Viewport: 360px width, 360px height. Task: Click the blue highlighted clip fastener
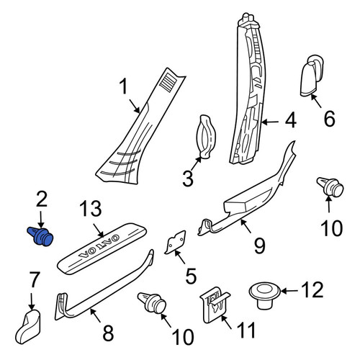point(40,236)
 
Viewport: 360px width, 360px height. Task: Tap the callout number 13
point(91,209)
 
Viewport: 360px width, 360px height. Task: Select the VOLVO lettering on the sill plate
point(99,248)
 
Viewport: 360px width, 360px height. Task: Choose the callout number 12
point(312,290)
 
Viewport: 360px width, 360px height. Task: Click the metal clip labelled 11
point(215,305)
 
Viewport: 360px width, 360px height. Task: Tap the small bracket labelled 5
point(175,243)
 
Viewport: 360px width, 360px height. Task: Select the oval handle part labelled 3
point(206,137)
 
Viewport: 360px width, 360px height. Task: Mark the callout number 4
point(291,121)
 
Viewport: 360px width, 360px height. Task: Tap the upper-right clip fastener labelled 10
point(330,187)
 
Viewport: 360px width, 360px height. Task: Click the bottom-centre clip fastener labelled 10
point(152,303)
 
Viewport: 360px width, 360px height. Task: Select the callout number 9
point(259,246)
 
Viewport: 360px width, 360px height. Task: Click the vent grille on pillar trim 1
point(168,82)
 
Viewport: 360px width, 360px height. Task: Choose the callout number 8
point(108,333)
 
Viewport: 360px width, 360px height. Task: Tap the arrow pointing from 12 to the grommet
point(289,291)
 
